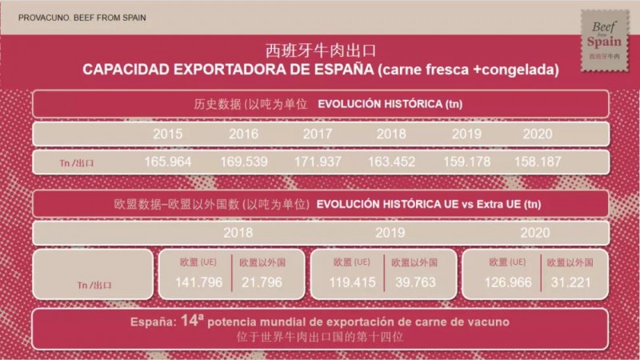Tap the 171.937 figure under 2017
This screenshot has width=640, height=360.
point(318,161)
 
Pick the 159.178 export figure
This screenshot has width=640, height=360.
point(467,161)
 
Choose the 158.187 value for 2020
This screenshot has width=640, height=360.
point(538,161)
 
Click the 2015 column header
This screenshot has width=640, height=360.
point(168,134)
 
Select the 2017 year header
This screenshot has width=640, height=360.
point(318,134)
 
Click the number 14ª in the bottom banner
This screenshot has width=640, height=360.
point(190,321)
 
